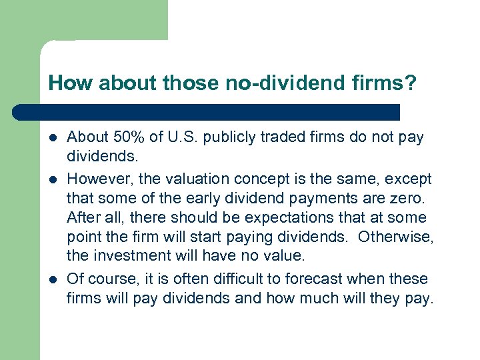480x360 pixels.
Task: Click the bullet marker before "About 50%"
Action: coord(53,138)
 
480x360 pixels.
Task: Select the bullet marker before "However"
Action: coord(53,180)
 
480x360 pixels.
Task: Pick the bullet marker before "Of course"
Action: coord(53,279)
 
